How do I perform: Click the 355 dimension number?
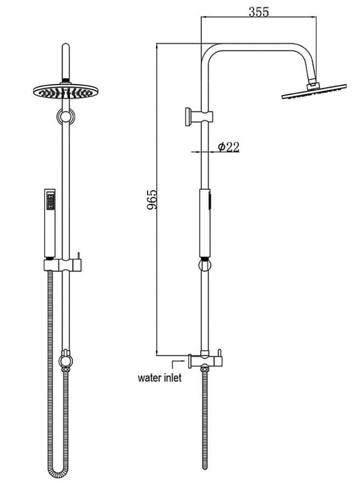[x=258, y=12]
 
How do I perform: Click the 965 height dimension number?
[x=152, y=200]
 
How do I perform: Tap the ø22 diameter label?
[x=228, y=147]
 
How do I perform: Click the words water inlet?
[x=160, y=378]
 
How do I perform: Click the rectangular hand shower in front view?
[x=50, y=223]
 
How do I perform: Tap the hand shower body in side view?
[x=205, y=223]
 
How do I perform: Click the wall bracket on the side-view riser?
[x=199, y=116]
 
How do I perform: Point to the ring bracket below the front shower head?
[x=66, y=116]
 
